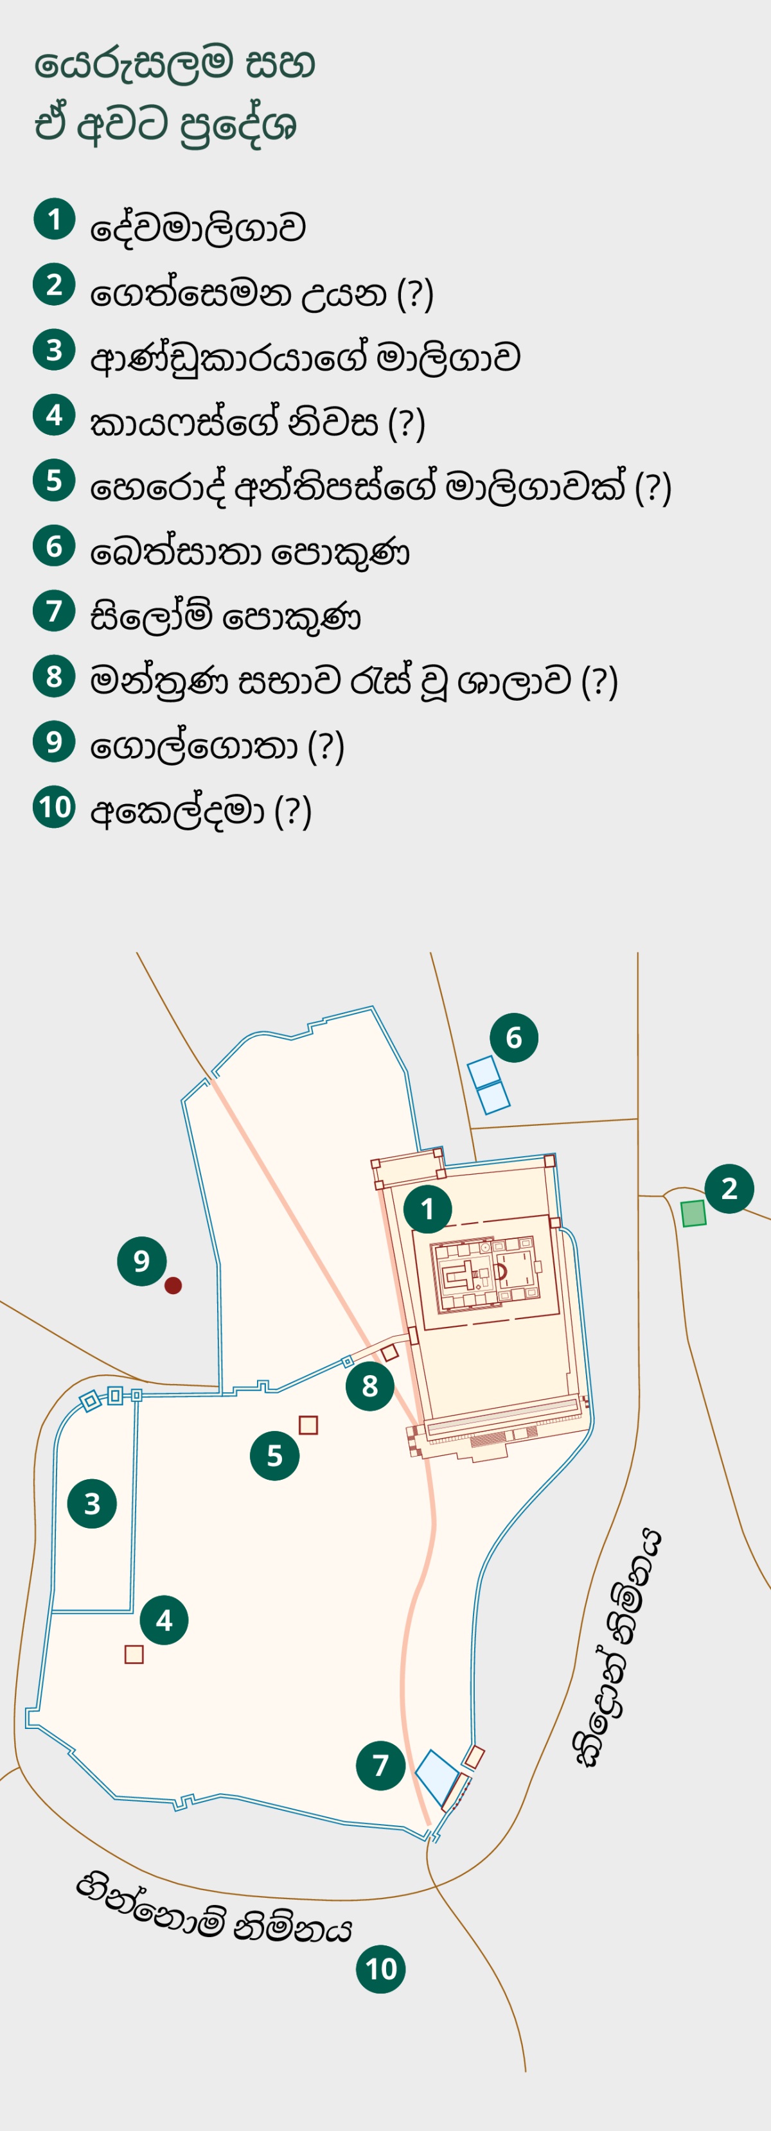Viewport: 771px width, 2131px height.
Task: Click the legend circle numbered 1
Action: (x=55, y=219)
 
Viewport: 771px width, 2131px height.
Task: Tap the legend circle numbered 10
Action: (x=55, y=807)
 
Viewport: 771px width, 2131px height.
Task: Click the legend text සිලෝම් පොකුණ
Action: (x=225, y=617)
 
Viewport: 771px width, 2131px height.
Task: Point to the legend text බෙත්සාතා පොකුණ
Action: (x=250, y=552)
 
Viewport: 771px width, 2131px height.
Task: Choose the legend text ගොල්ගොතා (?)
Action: (x=217, y=746)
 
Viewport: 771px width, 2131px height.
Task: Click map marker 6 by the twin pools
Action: (x=514, y=1037)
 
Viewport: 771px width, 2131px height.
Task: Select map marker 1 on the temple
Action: (x=428, y=1209)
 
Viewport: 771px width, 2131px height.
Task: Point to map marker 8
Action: (x=370, y=1385)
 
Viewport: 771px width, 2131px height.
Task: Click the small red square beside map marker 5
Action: (x=308, y=1425)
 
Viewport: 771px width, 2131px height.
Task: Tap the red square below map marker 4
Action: (x=134, y=1654)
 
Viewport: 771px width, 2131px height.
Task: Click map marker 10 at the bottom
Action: (x=380, y=1969)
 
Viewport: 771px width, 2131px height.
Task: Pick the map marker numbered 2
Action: (x=729, y=1189)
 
